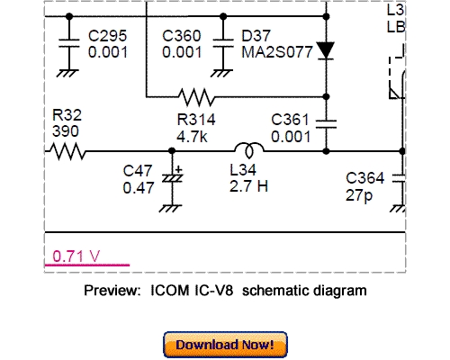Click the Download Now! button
click(x=225, y=345)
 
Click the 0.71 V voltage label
click(x=76, y=256)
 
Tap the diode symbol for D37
click(x=326, y=51)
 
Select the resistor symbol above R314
click(x=194, y=95)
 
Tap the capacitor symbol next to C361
click(x=326, y=119)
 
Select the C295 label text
click(x=108, y=37)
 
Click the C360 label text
click(x=182, y=37)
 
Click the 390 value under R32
click(x=66, y=130)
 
